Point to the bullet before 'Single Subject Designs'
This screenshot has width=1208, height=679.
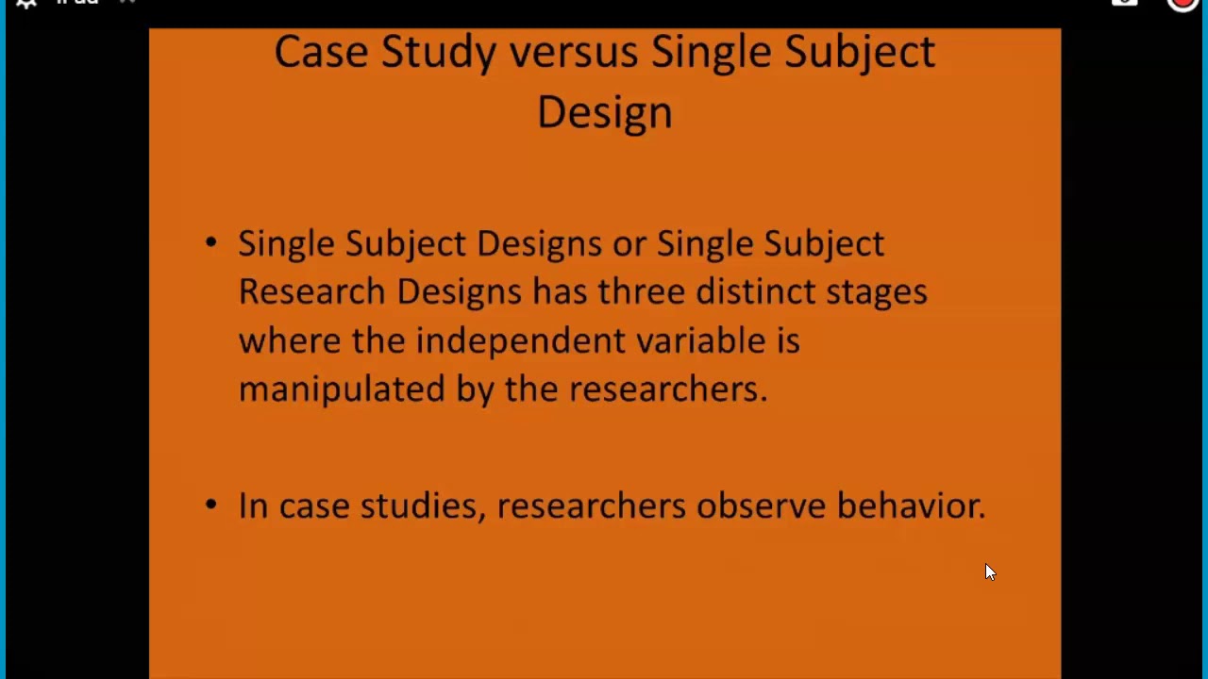pyautogui.click(x=210, y=243)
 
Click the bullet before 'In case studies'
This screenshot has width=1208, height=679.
pyautogui.click(x=210, y=505)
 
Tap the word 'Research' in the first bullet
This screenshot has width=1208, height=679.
pyautogui.click(x=311, y=291)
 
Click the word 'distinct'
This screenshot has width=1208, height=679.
pyautogui.click(x=755, y=291)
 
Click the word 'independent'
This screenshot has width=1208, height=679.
pyautogui.click(x=520, y=341)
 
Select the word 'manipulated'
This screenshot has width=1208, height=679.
pyautogui.click(x=341, y=389)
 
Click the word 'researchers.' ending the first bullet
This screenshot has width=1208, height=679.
pyautogui.click(x=668, y=389)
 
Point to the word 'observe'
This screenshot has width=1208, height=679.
pyautogui.click(x=761, y=506)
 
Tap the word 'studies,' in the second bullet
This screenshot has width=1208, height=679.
pyautogui.click(x=423, y=506)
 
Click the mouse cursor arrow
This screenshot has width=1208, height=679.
pyautogui.click(x=989, y=571)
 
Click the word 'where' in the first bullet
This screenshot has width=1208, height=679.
pyautogui.click(x=289, y=340)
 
